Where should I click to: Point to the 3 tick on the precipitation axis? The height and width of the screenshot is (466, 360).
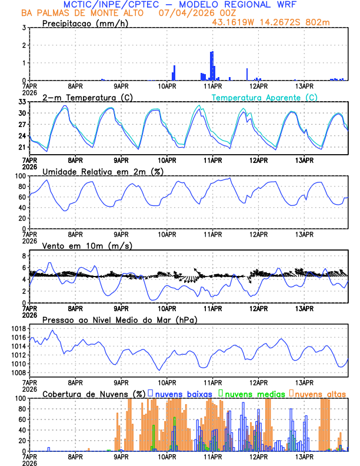(x=23, y=28)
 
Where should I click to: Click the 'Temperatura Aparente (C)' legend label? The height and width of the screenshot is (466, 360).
(x=265, y=97)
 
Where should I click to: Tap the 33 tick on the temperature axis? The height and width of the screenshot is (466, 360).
(x=21, y=102)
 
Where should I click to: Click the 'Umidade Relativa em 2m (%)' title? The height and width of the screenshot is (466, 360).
(x=103, y=171)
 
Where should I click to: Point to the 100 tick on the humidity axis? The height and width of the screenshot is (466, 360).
(x=19, y=176)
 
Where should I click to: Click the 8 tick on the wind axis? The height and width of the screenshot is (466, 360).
(x=23, y=256)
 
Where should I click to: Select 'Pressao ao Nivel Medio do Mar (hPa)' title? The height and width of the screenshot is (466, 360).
(x=119, y=319)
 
